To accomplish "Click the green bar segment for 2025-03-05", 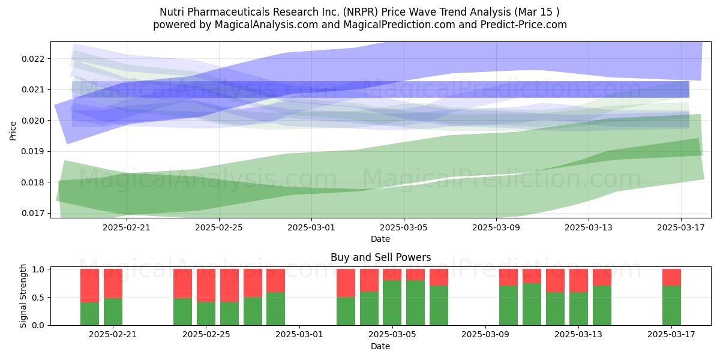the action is [392, 303].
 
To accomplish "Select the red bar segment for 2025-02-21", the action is [113, 283].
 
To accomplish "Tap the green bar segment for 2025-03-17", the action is [671, 305].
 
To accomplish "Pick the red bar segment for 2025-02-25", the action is [206, 286].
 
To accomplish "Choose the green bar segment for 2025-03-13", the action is [578, 308].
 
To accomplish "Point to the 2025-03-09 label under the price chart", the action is [496, 227].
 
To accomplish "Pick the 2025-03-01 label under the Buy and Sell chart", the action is [299, 334].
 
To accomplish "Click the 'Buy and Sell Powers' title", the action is [380, 257].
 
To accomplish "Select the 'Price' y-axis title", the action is [13, 131].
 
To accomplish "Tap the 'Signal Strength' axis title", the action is [23, 296].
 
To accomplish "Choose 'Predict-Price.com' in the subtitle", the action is [523, 25].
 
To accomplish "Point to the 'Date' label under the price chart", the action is [380, 239].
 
